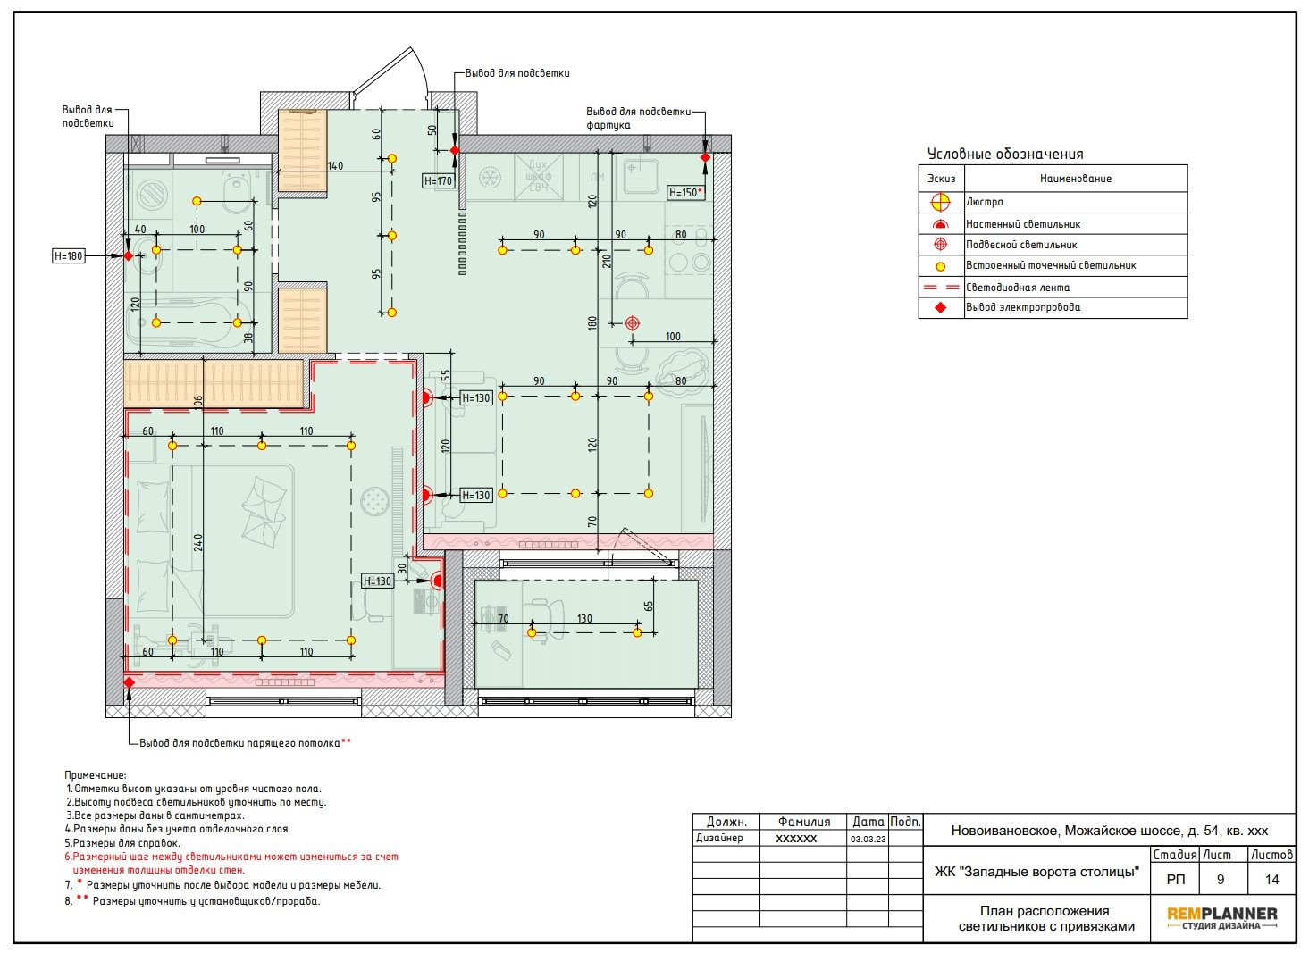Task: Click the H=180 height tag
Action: coord(69,256)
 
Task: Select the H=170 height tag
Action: coord(439,181)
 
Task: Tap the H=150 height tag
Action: coord(685,192)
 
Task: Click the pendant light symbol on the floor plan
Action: coord(633,322)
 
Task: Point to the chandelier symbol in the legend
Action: coord(940,202)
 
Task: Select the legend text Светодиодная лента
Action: coord(1018,288)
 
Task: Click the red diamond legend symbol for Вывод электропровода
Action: coord(940,307)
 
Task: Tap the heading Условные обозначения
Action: coord(1005,155)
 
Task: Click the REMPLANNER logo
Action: coord(1222,917)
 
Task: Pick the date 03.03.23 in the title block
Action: coord(868,839)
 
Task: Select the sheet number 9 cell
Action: coord(1221,880)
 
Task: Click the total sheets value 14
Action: coord(1271,880)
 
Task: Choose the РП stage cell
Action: coord(1176,880)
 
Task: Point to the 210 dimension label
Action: coord(607,261)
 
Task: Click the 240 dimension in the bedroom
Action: coord(198,542)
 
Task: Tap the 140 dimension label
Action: coord(335,166)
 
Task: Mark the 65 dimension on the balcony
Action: coord(648,606)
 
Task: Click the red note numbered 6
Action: coord(231,863)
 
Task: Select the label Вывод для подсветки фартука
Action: coord(638,118)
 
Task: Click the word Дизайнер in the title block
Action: coord(719,838)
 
